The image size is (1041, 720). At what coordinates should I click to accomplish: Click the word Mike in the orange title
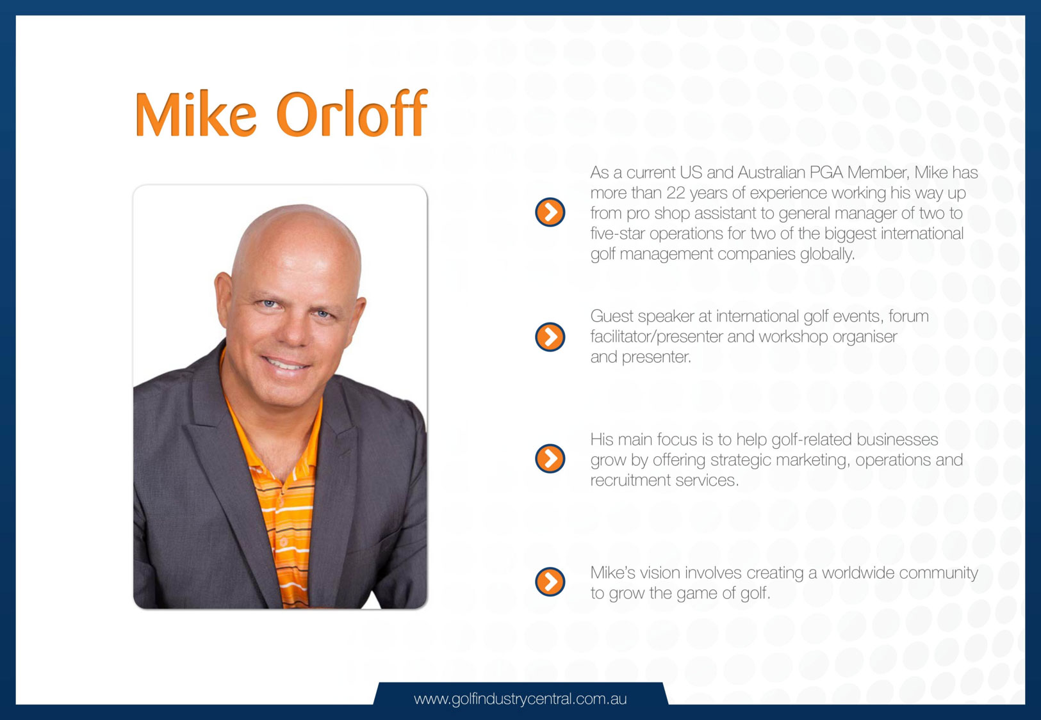pyautogui.click(x=195, y=114)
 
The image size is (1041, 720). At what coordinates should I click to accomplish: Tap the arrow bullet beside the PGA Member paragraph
pyautogui.click(x=550, y=212)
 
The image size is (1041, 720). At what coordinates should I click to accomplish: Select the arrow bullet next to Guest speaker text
pyautogui.click(x=550, y=337)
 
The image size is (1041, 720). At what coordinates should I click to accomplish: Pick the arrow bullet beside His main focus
pyautogui.click(x=550, y=458)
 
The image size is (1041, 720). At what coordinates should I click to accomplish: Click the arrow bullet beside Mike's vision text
pyautogui.click(x=550, y=581)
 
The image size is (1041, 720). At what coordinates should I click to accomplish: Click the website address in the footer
pyautogui.click(x=520, y=699)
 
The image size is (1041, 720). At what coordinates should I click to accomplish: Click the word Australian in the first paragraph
pyautogui.click(x=771, y=172)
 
